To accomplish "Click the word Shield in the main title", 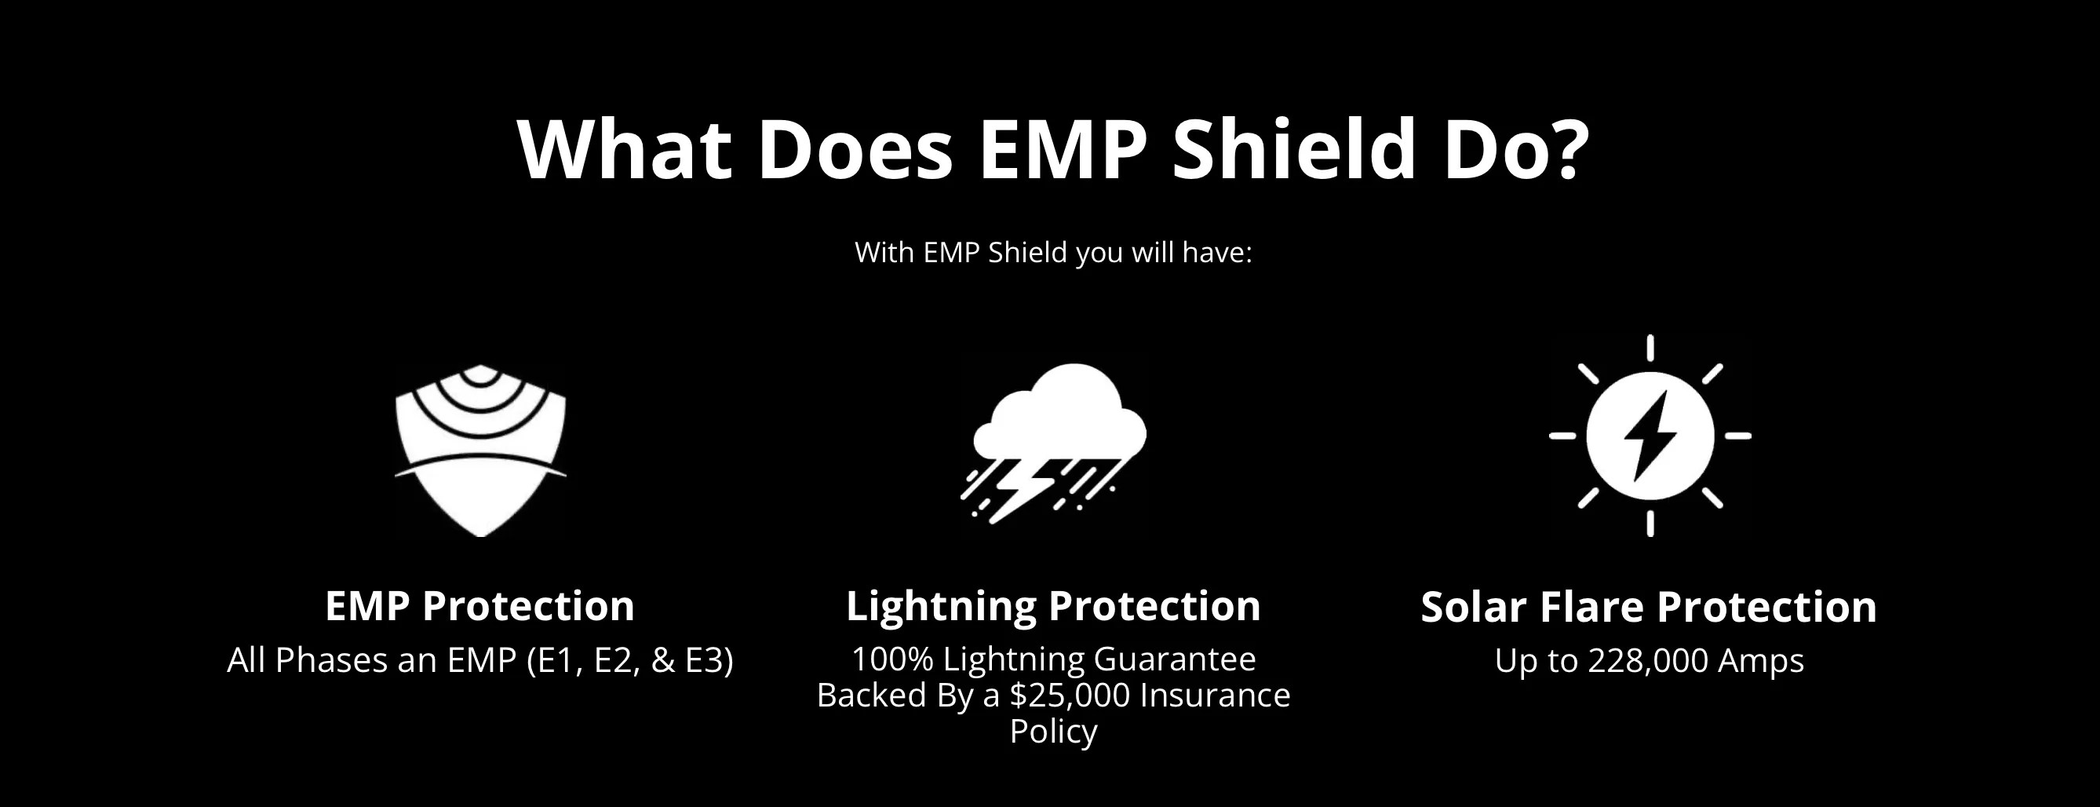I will coord(1293,149).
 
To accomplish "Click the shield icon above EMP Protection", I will coord(480,451).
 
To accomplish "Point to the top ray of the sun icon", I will coord(1650,348).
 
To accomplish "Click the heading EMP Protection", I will coord(479,607).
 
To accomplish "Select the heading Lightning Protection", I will coord(1053,607).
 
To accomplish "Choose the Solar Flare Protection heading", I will coord(1648,608).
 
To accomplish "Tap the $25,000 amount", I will coord(1070,696).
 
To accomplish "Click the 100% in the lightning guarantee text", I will coord(891,659).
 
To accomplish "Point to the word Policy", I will coord(1053,731).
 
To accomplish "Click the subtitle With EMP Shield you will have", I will coord(1052,253).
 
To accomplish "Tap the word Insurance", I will coord(1215,696).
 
